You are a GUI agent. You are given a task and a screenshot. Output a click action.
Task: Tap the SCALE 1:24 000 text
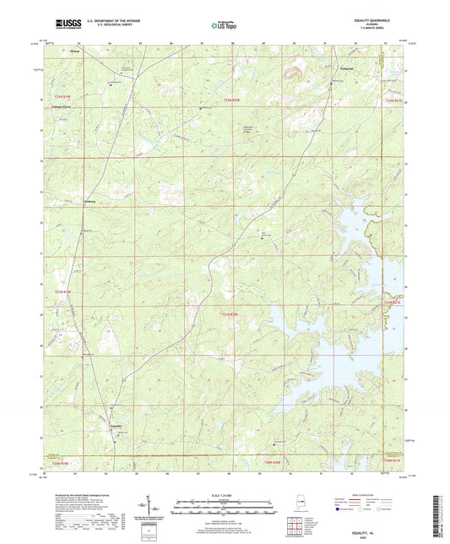[224, 494]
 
